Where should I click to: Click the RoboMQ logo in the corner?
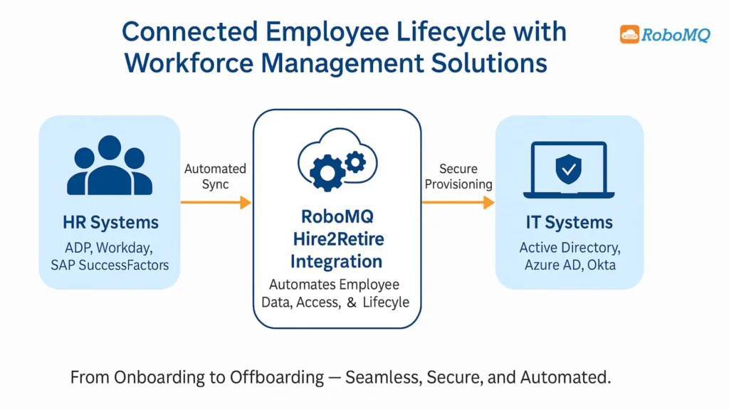click(x=664, y=34)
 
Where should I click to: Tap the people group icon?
click(x=110, y=167)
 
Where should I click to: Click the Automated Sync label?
click(x=215, y=177)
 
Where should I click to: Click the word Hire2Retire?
click(x=337, y=238)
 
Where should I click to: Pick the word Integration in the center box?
click(x=337, y=261)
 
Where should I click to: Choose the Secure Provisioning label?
click(x=458, y=177)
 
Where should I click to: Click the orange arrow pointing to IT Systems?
click(x=458, y=203)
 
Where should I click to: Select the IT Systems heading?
click(x=570, y=223)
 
